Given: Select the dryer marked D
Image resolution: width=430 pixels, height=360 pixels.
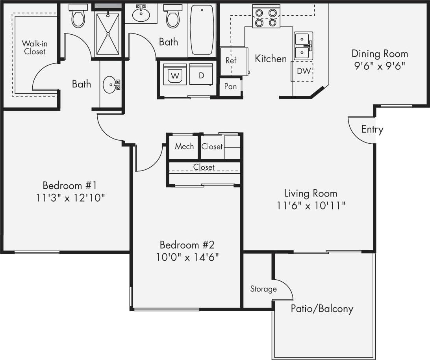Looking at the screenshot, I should (201, 75).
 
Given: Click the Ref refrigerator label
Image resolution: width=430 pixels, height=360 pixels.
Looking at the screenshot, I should (231, 61).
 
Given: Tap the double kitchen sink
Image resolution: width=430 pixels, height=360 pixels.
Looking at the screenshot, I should (303, 46).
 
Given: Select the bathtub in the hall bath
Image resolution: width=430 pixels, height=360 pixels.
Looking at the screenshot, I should (202, 29).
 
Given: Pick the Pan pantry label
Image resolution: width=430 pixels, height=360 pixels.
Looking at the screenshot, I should (230, 86).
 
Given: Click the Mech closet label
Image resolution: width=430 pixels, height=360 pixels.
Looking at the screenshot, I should (184, 147).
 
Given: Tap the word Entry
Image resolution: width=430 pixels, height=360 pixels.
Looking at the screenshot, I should (372, 130).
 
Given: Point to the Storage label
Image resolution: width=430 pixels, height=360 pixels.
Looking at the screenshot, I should (263, 289).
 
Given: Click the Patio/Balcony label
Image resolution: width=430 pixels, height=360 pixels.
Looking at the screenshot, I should (322, 308).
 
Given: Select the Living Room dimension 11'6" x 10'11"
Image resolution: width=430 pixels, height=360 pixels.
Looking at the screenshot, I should (311, 205).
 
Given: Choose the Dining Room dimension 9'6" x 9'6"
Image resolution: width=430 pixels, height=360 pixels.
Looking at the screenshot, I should (380, 65).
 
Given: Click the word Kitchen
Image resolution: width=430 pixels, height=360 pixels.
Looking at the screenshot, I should (271, 59).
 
